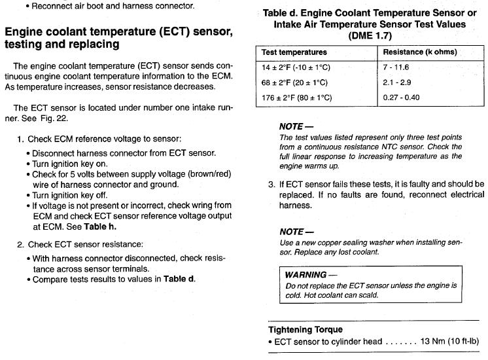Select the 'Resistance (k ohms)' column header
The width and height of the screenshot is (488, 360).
coord(420,52)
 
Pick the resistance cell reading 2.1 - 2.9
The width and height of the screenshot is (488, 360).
coord(398,82)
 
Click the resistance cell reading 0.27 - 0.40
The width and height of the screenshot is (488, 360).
coord(402,98)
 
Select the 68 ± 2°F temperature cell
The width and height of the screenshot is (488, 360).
coord(294,82)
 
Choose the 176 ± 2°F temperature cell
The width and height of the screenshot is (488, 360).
coord(297,98)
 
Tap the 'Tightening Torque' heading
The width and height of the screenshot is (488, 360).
coord(305,329)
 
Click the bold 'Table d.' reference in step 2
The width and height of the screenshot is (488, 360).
coord(179,279)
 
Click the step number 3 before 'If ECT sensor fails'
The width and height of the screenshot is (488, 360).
coord(271,185)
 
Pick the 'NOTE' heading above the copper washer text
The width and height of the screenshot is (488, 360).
coord(292,231)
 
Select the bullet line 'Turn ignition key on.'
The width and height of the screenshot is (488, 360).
coord(70,164)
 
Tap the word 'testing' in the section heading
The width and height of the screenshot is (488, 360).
coord(28,45)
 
